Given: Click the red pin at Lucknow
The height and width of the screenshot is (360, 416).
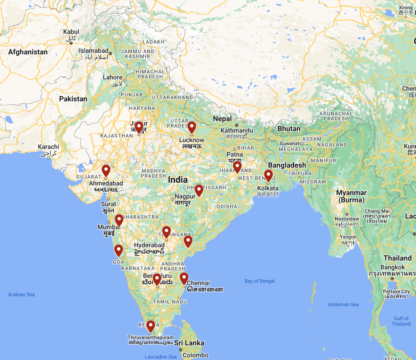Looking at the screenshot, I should click(192, 127).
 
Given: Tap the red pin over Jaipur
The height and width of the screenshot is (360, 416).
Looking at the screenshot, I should click(139, 127).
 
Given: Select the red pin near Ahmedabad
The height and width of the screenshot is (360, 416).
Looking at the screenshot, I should click(106, 171).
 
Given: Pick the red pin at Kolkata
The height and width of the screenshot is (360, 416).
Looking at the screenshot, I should click(268, 175).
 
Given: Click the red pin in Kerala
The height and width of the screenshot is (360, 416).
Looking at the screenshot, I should click(151, 326).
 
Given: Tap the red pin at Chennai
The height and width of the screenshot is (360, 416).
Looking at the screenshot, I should click(184, 278).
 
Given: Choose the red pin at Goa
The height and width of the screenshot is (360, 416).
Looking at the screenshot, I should click(119, 250).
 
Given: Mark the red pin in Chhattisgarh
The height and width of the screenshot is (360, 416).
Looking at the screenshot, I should click(199, 190).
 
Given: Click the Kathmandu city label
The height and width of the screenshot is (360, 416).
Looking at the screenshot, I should click(237, 131).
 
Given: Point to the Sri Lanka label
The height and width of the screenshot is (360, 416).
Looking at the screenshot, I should click(190, 343).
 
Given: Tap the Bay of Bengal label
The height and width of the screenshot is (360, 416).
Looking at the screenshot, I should click(259, 281).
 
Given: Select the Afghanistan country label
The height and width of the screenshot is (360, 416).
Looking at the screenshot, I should click(28, 52).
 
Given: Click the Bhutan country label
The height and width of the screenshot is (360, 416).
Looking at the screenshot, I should click(289, 129).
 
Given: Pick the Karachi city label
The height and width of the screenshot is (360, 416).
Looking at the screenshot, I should click(48, 147).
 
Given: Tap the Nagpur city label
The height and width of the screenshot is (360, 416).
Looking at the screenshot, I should click(185, 197).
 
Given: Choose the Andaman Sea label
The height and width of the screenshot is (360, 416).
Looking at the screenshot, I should click(343, 305).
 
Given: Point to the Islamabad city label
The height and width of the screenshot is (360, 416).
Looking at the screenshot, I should click(94, 51).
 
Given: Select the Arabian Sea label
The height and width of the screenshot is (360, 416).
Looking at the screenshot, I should click(21, 295).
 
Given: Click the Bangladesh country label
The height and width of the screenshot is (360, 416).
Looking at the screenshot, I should click(287, 165).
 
